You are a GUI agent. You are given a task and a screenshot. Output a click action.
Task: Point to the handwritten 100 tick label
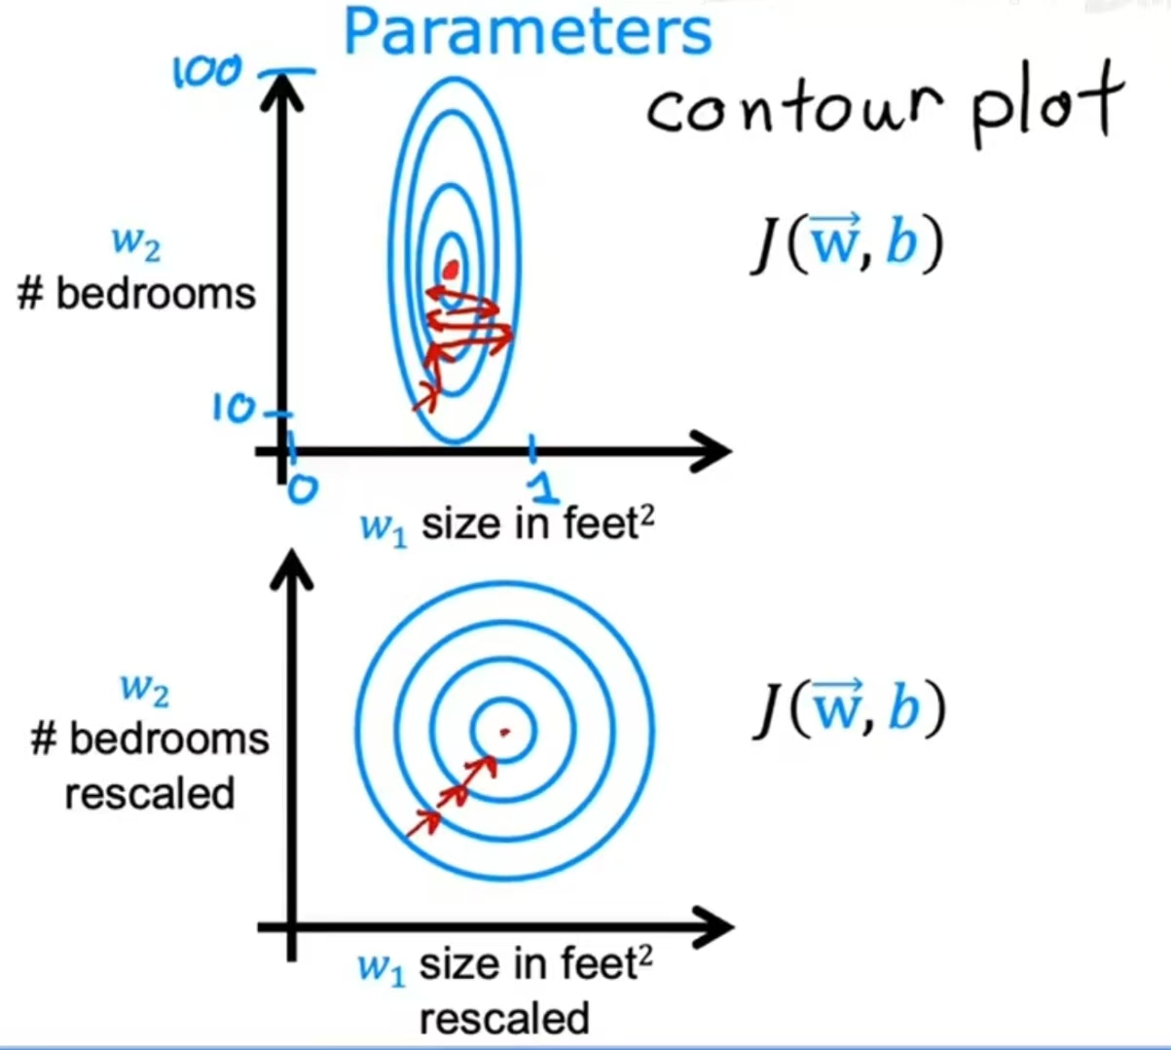point(207,72)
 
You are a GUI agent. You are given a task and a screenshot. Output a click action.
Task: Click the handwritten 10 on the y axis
point(233,410)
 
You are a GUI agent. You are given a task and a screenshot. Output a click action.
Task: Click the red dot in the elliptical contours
point(450,269)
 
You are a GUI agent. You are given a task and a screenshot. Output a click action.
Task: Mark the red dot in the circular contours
point(503,731)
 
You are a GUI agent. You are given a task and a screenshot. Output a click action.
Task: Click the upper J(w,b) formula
point(846,244)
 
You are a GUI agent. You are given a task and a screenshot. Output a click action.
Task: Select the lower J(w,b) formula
point(848,709)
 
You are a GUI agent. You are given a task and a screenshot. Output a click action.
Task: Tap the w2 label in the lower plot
point(144,689)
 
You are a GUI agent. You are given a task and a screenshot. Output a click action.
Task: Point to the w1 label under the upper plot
point(383,526)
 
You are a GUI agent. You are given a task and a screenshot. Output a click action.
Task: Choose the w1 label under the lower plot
point(381,967)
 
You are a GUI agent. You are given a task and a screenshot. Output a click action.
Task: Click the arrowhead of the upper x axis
point(716,451)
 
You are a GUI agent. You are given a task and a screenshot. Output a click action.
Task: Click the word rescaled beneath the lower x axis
point(504,1019)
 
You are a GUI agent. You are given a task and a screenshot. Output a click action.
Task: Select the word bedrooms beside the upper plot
point(156,293)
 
